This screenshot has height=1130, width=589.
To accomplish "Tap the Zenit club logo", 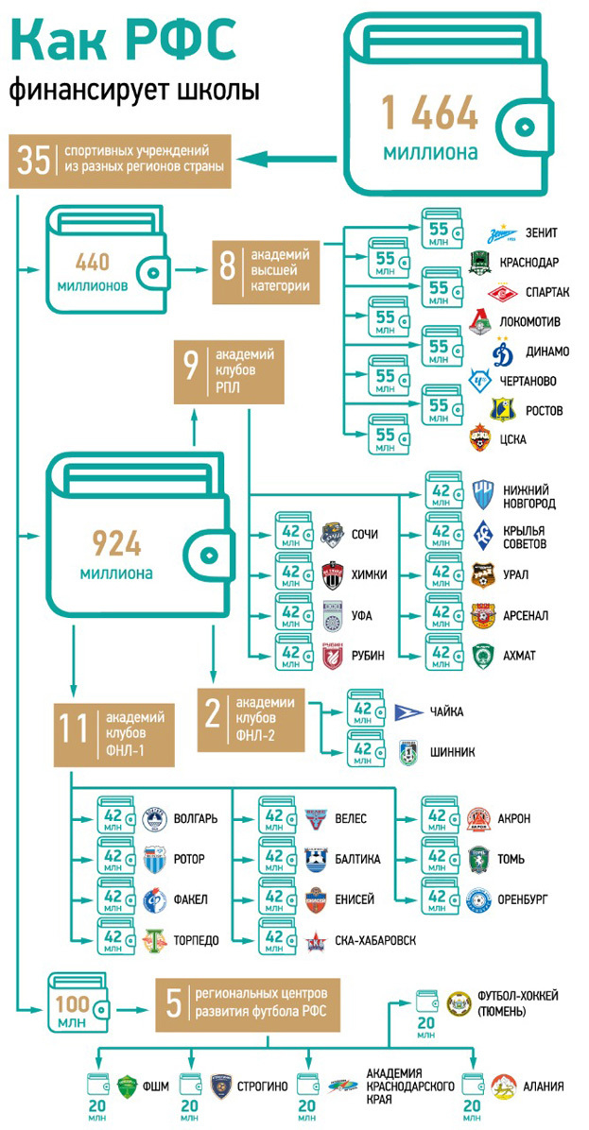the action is point(500,232).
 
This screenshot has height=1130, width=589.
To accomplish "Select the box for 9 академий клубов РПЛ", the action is point(229,373).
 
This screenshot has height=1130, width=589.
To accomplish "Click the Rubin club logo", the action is point(332,655).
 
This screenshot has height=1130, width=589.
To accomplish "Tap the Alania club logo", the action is point(502,1086).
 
